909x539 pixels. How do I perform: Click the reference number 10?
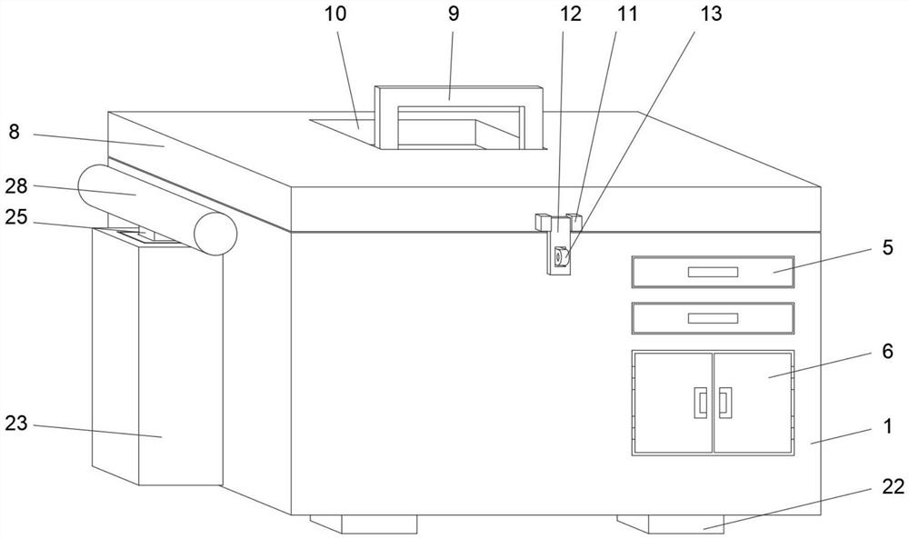click(x=335, y=14)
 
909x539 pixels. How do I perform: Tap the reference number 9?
click(x=454, y=14)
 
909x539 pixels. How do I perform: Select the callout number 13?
click(x=711, y=14)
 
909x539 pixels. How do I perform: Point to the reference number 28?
click(x=16, y=186)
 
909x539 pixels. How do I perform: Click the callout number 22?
click(x=893, y=487)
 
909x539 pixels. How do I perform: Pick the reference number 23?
click(x=16, y=424)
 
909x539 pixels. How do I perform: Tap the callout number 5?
click(x=887, y=247)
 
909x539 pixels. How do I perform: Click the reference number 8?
click(x=14, y=132)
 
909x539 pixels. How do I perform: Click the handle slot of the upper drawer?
click(x=713, y=272)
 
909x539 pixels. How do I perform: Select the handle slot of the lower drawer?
click(x=713, y=318)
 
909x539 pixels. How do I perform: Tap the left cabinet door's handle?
click(x=701, y=403)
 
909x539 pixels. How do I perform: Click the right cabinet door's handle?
click(x=725, y=403)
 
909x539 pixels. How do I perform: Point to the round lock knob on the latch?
click(x=561, y=256)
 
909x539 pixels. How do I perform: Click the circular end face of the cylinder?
click(x=215, y=234)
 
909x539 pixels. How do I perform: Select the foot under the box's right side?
click(x=671, y=524)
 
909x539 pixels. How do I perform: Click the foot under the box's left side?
click(x=365, y=524)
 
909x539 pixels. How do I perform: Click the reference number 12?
click(x=571, y=14)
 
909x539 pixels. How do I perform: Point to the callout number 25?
click(x=16, y=217)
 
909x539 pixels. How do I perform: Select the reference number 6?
click(x=887, y=351)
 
